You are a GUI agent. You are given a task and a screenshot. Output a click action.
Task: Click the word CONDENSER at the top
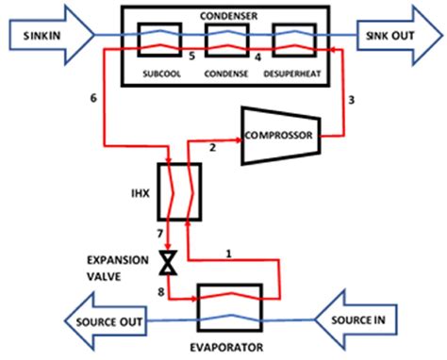(224, 14)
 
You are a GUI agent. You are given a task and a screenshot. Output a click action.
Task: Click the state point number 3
(352, 98)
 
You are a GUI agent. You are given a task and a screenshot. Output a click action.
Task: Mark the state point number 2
(213, 148)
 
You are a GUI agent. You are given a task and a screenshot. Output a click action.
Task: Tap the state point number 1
(229, 252)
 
